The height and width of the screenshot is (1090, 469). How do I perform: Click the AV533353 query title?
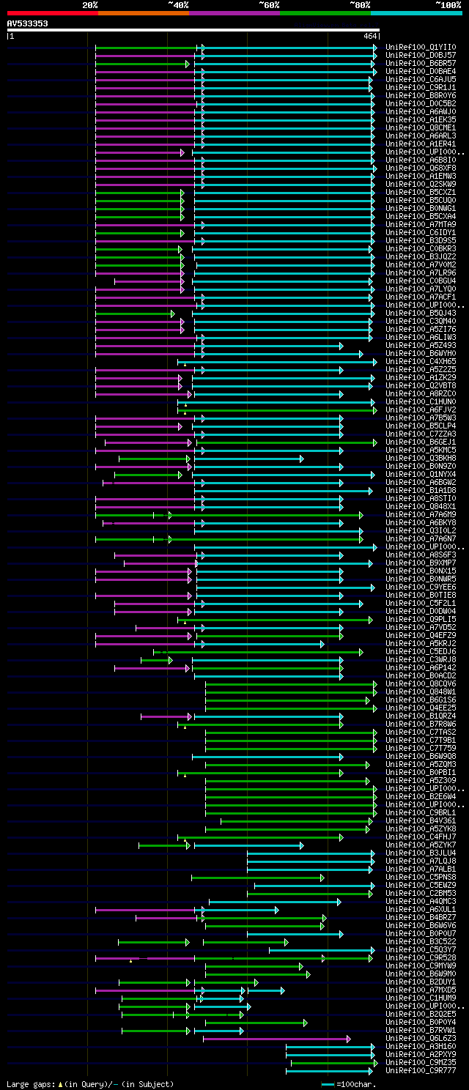(x=28, y=23)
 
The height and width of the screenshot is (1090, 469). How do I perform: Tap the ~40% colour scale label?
(x=178, y=4)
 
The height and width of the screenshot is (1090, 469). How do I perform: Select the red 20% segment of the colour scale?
(x=52, y=12)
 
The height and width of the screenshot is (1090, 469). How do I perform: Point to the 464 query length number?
(x=370, y=35)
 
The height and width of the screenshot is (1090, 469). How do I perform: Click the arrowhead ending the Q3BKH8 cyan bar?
(x=301, y=459)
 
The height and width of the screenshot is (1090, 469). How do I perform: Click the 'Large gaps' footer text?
(x=29, y=1083)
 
